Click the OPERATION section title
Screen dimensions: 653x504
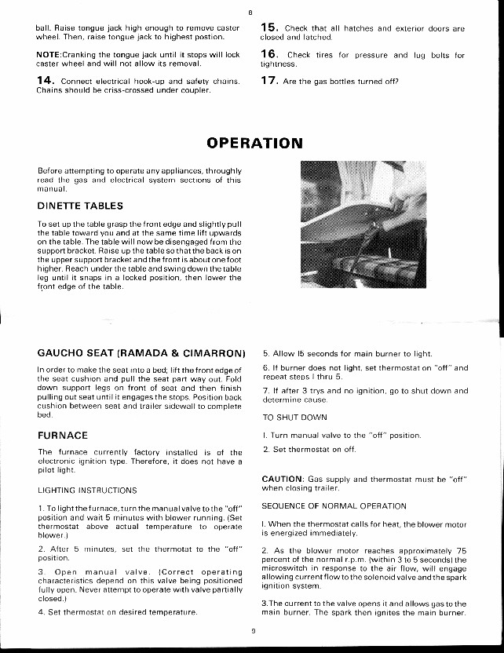(254, 143)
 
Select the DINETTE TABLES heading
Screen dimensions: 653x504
(80, 206)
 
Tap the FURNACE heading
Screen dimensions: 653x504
(63, 435)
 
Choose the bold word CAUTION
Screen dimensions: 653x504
(283, 479)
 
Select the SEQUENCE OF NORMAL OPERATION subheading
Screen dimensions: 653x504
(323, 506)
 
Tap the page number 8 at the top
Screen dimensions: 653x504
(250, 12)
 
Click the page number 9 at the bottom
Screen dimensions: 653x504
(253, 629)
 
